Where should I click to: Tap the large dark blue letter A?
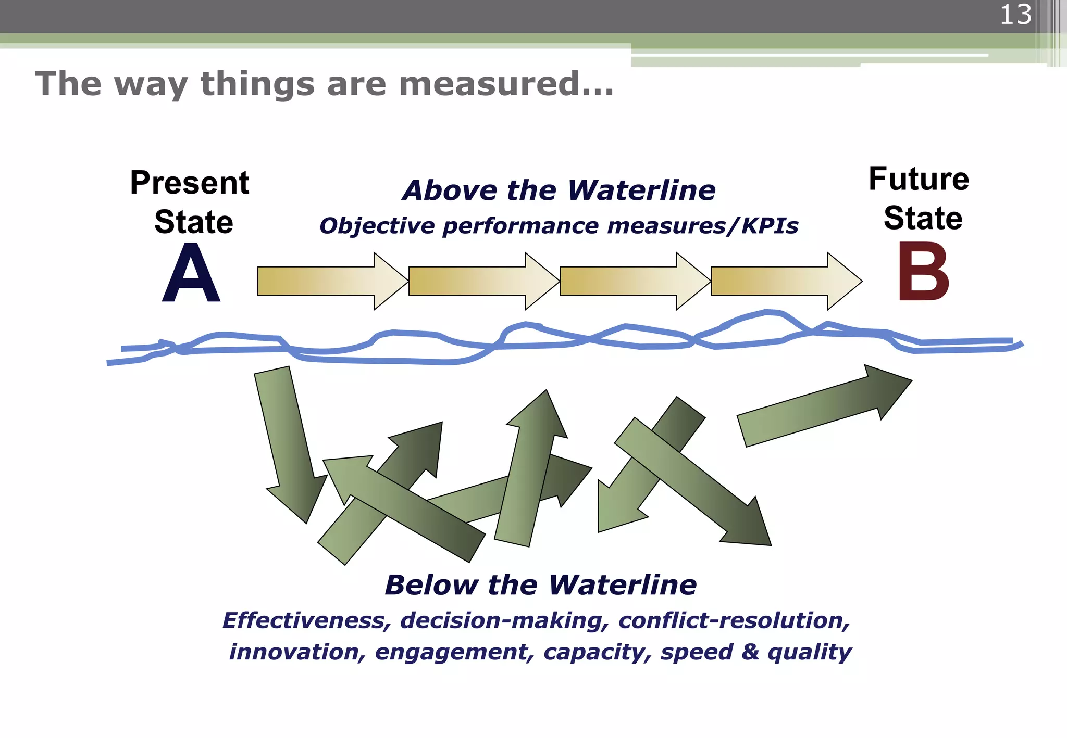click(191, 274)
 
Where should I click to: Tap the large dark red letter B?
click(923, 272)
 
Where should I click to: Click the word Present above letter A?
click(190, 183)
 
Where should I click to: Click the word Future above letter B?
click(919, 179)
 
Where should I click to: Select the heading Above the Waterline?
click(559, 190)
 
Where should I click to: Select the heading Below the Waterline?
click(541, 585)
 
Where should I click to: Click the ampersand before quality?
click(750, 652)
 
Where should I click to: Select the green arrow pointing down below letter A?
click(289, 442)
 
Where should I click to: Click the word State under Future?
click(923, 218)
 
